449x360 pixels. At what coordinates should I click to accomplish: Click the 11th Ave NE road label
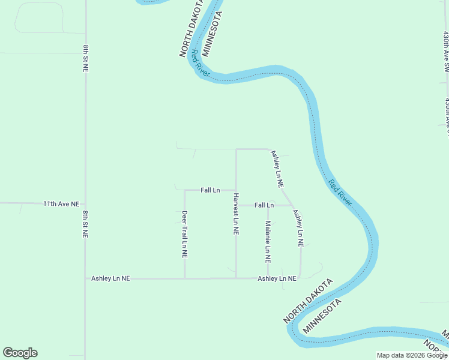point(61,204)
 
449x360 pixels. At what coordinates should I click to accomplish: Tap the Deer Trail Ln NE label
point(185,234)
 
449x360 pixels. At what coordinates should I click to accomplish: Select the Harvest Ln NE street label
point(237,214)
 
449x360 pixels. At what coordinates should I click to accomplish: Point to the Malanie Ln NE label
point(268,242)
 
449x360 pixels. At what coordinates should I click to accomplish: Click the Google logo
point(20,353)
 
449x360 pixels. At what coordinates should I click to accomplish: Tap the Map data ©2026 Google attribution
point(412,355)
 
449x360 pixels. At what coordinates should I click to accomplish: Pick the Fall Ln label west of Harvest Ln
point(210,190)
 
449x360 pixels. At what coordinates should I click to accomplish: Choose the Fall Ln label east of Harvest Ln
point(264,205)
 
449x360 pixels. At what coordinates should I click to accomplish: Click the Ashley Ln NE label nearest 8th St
point(110,278)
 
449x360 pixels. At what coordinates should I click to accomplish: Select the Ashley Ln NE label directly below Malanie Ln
point(277,278)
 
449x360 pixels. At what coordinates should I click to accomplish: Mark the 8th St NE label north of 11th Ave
point(86,58)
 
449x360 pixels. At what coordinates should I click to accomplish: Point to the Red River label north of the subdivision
point(199,62)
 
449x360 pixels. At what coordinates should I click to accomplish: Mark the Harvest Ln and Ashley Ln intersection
point(236,278)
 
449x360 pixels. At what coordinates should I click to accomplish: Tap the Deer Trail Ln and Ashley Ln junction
point(185,278)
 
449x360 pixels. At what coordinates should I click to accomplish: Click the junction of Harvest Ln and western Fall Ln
point(236,190)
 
